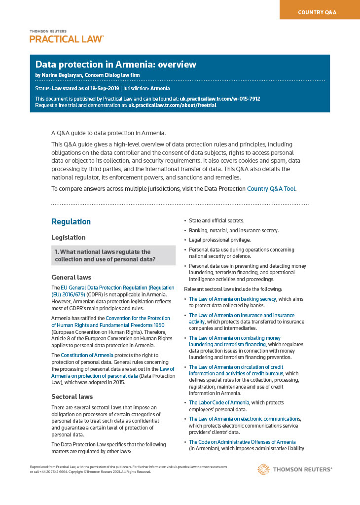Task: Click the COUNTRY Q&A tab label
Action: [x=317, y=12]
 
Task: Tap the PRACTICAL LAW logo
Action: [x=67, y=39]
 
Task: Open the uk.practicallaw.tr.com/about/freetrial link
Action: [x=172, y=105]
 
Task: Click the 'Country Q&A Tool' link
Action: [x=271, y=188]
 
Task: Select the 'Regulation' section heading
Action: [x=71, y=222]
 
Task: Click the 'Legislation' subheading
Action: [x=69, y=238]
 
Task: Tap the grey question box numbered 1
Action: [x=113, y=255]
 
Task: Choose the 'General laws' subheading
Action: [x=71, y=277]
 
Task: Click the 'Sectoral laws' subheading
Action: [x=72, y=397]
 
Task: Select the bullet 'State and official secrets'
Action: [x=216, y=220]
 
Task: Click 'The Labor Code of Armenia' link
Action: [x=219, y=402]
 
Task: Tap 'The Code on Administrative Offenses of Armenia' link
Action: [x=242, y=442]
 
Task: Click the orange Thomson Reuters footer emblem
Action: [x=263, y=469]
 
